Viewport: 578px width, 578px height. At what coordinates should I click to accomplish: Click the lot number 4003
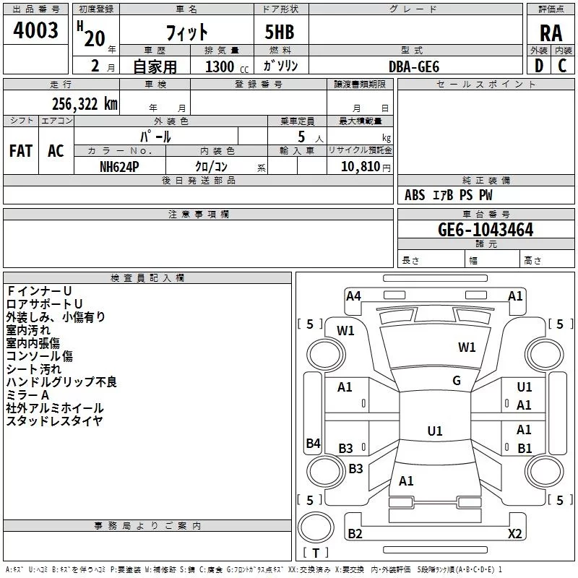pos(35,30)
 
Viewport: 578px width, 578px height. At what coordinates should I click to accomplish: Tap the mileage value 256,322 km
pos(85,104)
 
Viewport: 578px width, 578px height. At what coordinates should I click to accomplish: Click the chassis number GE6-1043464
pos(486,230)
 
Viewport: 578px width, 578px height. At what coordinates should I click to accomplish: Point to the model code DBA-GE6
pos(414,66)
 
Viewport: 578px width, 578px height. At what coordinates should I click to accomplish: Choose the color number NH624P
pos(119,166)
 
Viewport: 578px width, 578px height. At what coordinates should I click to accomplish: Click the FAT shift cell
pos(21,151)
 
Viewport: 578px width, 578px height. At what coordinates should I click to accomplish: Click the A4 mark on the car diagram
pos(353,296)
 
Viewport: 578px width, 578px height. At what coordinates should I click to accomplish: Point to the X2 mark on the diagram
pos(514,534)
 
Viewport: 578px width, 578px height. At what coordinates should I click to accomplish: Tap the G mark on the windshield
pos(457,381)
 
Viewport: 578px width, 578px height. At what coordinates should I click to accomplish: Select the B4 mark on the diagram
pos(313,444)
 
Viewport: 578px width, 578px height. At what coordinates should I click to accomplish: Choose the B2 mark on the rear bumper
pos(355,534)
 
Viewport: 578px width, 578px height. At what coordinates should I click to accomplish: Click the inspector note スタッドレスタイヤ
pos(54,421)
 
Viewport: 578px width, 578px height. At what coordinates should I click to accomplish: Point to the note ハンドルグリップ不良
pos(61,382)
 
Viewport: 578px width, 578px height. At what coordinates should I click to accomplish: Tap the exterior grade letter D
pos(538,66)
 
